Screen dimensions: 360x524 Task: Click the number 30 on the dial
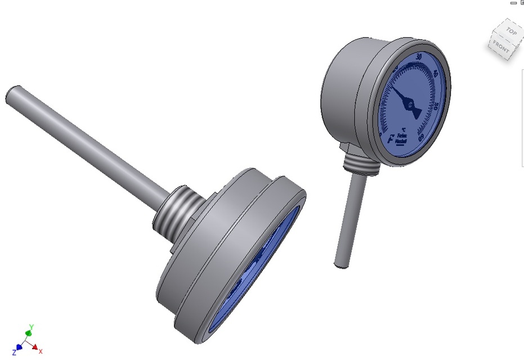418,57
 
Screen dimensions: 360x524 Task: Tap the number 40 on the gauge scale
433,74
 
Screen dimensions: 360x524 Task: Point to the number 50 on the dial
437,106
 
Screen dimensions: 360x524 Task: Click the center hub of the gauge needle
411,105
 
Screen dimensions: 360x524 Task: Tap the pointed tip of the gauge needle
393,88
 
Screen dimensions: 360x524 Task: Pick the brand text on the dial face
402,139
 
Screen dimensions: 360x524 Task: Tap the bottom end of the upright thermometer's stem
341,263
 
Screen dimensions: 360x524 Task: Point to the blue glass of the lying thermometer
256,276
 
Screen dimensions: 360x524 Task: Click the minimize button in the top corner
513,3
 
